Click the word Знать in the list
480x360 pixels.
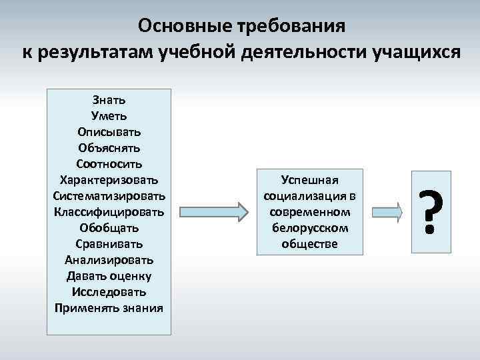tap(109, 99)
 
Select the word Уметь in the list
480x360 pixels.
tap(109, 115)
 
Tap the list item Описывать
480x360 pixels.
tap(109, 131)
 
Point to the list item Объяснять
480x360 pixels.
tap(109, 147)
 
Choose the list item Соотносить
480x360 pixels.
tap(109, 163)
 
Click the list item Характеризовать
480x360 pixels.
tap(109, 179)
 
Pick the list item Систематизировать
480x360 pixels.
tap(109, 195)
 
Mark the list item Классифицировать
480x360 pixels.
tap(109, 212)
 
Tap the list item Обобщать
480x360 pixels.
tap(109, 228)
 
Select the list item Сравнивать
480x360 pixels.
tap(109, 244)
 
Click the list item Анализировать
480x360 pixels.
tap(109, 260)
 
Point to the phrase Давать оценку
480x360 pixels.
tap(109, 276)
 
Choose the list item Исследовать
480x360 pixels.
tap(109, 292)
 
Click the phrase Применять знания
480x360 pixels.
tap(109, 308)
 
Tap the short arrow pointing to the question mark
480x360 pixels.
tap(387, 211)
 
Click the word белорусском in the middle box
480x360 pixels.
tap(310, 228)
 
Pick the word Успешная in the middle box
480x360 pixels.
tap(310, 180)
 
